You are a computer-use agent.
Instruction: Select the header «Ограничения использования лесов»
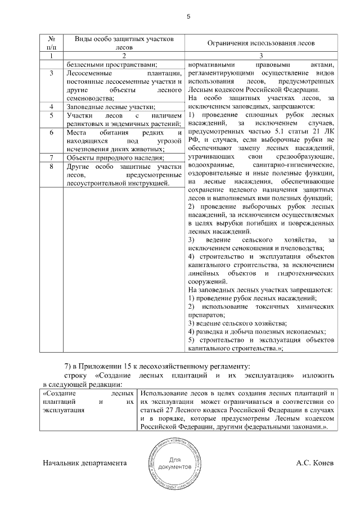[x=262, y=43]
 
